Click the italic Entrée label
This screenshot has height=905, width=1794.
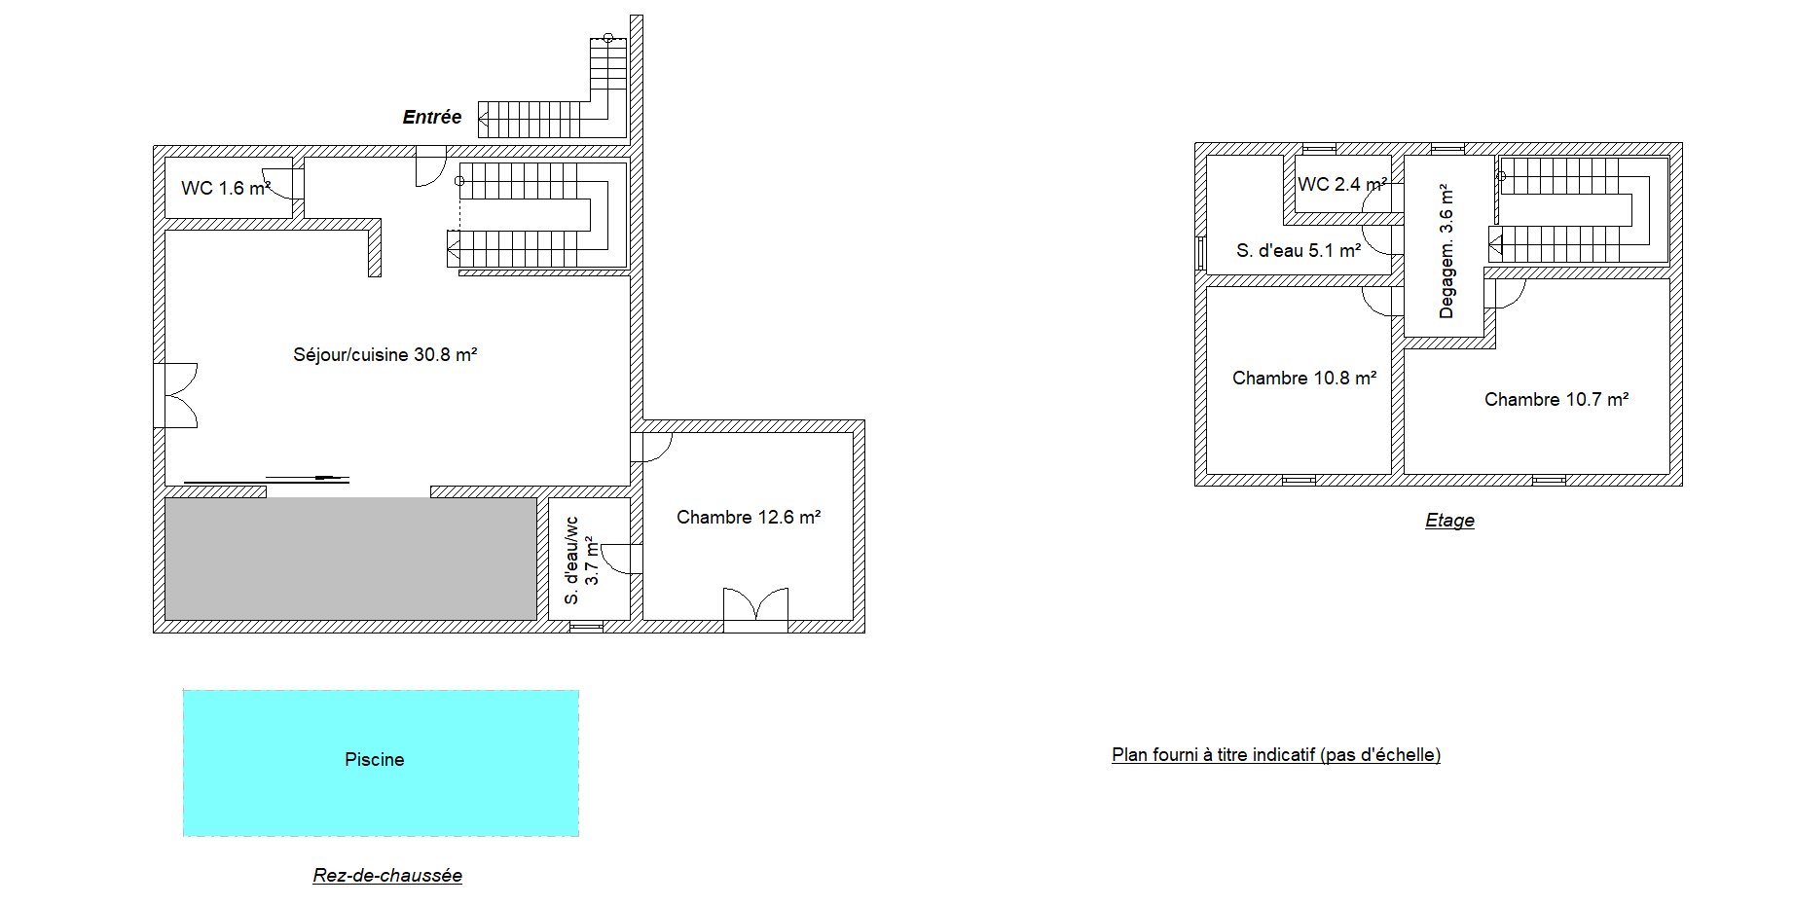pyautogui.click(x=432, y=117)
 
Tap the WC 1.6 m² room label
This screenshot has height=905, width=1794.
pyautogui.click(x=226, y=188)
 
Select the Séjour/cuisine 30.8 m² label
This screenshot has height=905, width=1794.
pyautogui.click(x=385, y=355)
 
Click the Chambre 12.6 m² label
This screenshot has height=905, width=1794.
pyautogui.click(x=749, y=517)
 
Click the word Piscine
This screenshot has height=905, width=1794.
pyautogui.click(x=375, y=760)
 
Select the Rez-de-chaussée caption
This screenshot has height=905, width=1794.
pyautogui.click(x=387, y=875)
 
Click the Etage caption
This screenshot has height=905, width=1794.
pyautogui.click(x=1449, y=521)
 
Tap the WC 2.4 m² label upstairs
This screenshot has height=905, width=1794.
pyautogui.click(x=1342, y=184)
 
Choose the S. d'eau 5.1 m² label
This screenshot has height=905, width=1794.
pyautogui.click(x=1299, y=250)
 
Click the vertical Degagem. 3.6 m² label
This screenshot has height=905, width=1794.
pyautogui.click(x=1446, y=251)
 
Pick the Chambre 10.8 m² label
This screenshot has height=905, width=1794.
pyautogui.click(x=1304, y=378)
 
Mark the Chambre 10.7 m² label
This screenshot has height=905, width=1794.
pyautogui.click(x=1556, y=399)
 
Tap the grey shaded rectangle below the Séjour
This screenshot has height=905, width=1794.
pyautogui.click(x=350, y=559)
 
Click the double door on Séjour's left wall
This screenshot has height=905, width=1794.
pyautogui.click(x=176, y=395)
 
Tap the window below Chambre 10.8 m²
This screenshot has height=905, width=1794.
pyautogui.click(x=1299, y=480)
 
